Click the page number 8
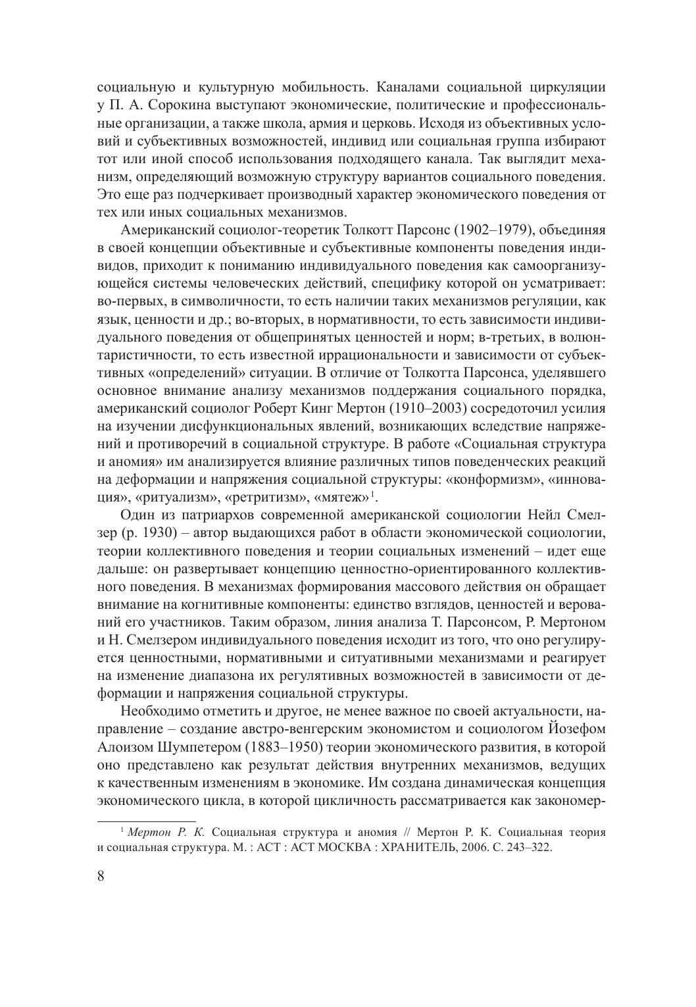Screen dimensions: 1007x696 (101, 877)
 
